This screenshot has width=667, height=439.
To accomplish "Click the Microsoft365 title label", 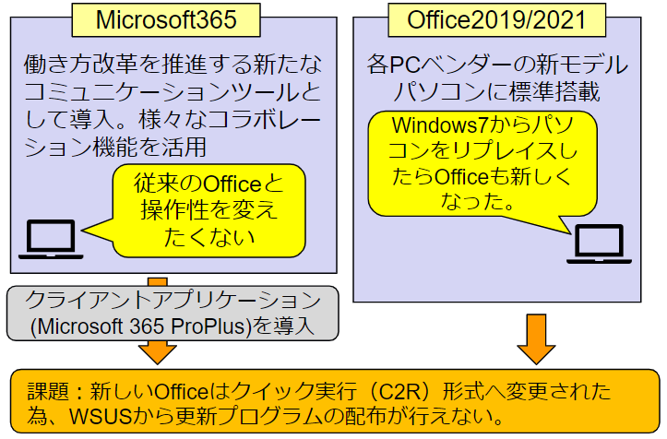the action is (166, 20).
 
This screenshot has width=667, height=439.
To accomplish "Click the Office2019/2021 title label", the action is (496, 20).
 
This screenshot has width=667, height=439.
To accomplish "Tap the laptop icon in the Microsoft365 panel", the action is (51, 239).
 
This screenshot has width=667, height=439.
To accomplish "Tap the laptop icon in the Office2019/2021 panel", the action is (599, 243).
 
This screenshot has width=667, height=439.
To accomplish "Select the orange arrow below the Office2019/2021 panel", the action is (536, 339).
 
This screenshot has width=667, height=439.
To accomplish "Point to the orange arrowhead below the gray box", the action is (158, 352).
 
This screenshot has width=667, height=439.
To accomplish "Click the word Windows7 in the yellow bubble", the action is (440, 125).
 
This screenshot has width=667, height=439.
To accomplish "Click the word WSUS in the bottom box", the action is (101, 416).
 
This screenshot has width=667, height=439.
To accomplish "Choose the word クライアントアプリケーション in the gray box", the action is (173, 300).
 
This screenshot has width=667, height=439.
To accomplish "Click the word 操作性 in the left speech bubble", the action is (174, 210).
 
